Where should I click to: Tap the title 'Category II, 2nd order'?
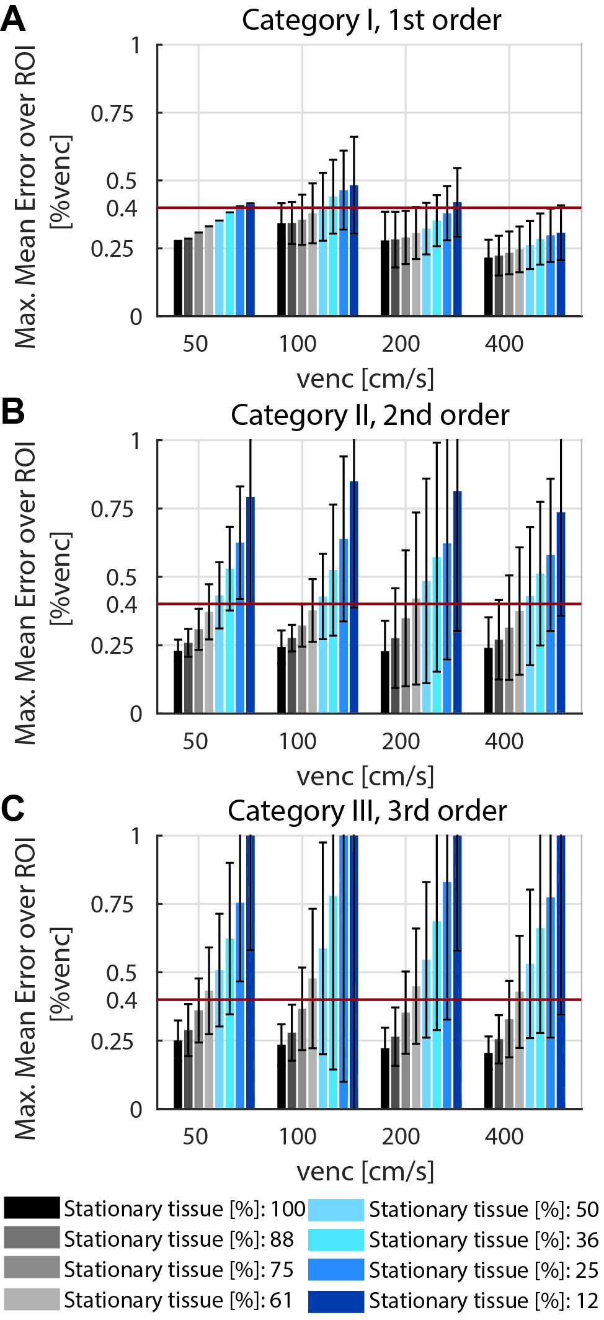370,415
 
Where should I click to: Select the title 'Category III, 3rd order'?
367,811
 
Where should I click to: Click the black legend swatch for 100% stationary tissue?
32,1208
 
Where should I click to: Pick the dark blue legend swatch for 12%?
335,1301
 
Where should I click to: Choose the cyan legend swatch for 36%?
335,1239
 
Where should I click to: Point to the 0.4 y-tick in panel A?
122,208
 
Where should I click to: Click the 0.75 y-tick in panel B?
112,509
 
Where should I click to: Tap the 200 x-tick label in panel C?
401,1136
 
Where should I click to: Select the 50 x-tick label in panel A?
195,344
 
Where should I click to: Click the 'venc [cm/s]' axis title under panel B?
365,776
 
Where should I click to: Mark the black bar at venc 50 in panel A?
178,278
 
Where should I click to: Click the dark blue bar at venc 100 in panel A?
354,251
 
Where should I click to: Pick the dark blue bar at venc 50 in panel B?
251,605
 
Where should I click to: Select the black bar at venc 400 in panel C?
489,1081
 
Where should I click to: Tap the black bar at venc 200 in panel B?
385,682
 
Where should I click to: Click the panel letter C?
13,809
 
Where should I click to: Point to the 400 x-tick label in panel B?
504,741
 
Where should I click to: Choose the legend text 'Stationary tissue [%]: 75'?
179,1270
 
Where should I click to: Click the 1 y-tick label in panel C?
136,836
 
